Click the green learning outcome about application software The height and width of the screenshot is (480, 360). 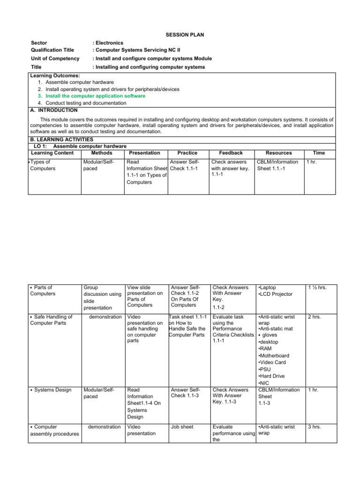tap(95, 96)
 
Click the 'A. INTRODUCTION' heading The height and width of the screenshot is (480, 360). tap(54, 110)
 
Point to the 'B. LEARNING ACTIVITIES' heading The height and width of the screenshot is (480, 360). tap(61, 140)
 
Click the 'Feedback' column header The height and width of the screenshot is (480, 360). tap(231, 153)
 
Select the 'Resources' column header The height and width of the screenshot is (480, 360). tap(278, 153)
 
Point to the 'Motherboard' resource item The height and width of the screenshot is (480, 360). tap(275, 356)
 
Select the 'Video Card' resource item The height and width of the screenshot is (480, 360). tap(274, 362)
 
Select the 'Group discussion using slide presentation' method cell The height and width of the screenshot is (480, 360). tap(101, 298)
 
